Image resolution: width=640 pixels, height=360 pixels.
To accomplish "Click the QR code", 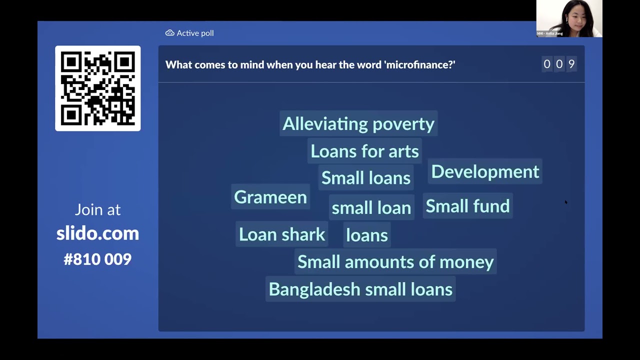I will (97, 88).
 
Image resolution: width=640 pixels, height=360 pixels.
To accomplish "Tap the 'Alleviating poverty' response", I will (358, 124).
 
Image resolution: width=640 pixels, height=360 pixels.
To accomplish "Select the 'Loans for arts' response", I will (364, 151).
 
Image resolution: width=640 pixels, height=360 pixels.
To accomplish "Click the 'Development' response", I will (485, 171).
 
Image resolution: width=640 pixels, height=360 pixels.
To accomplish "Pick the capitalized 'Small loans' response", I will (365, 178).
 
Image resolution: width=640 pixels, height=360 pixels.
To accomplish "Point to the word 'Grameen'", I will (270, 197).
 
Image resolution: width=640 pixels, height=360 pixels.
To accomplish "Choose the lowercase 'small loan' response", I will (371, 208).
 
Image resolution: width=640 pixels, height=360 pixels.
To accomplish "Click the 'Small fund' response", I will (467, 206).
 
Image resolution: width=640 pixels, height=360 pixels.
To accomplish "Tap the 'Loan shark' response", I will (281, 234).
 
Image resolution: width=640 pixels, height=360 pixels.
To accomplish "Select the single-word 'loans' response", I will (366, 235).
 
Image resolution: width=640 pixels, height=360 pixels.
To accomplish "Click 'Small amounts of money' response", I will (395, 262).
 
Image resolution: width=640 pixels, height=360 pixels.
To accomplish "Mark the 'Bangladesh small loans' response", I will (360, 289).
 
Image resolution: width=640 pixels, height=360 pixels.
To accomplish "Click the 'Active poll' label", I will (195, 33).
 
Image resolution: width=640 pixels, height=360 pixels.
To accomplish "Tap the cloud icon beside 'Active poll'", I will (169, 33).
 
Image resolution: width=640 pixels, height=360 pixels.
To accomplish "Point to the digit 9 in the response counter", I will (571, 64).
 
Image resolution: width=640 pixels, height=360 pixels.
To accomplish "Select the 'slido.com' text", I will (97, 233).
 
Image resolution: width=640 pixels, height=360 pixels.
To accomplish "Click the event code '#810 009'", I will (97, 259).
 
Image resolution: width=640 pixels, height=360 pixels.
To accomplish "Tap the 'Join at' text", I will (97, 209).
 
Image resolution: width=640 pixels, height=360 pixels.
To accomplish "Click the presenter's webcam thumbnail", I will (569, 18).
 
